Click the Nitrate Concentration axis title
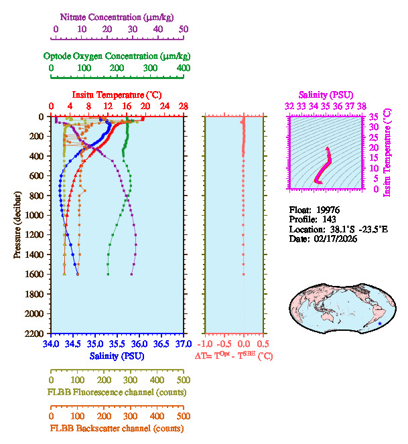pyautogui.click(x=119, y=15)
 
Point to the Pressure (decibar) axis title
pyautogui.click(x=17, y=225)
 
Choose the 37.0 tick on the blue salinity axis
pyautogui.click(x=182, y=344)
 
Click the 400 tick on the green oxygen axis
pyautogui.click(x=183, y=68)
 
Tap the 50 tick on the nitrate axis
pyautogui.click(x=184, y=29)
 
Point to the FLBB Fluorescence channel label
pyautogui.click(x=117, y=392)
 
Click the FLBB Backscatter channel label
pyautogui.click(x=117, y=428)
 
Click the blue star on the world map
pyautogui.click(x=380, y=323)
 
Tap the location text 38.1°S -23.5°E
pyautogui.click(x=354, y=229)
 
